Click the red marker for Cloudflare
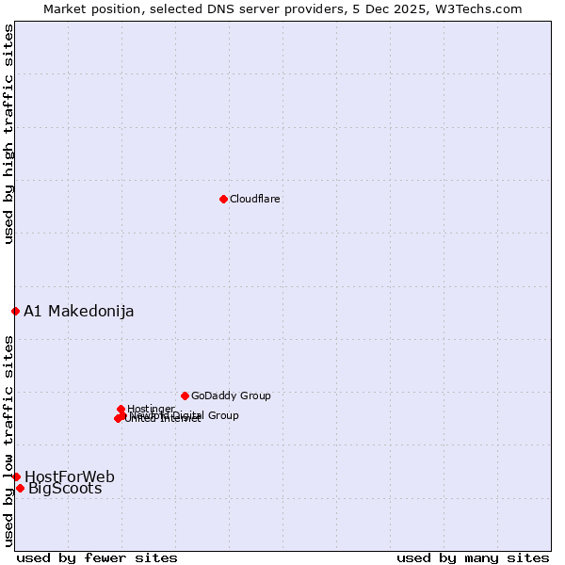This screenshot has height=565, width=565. pyautogui.click(x=223, y=199)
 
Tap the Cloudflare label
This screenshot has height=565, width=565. pyautogui.click(x=255, y=200)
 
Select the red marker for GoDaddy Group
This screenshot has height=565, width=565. pyautogui.click(x=185, y=395)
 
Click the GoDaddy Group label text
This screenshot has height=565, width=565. pyautogui.click(x=231, y=396)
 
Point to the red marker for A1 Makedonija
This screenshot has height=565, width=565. pyautogui.click(x=15, y=311)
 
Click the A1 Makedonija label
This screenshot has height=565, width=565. pyautogui.click(x=79, y=312)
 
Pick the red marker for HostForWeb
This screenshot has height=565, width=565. pyautogui.click(x=16, y=476)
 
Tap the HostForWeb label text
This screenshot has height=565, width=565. pyautogui.click(x=70, y=477)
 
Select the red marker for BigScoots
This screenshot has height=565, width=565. pyautogui.click(x=20, y=488)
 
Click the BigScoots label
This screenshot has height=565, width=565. pyautogui.click(x=65, y=489)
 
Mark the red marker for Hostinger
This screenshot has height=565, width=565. pyautogui.click(x=121, y=409)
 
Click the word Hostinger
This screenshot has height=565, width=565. pyautogui.click(x=152, y=409)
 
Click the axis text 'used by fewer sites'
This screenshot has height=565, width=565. pyautogui.click(x=97, y=558)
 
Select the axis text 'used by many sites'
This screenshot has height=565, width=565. pyautogui.click(x=473, y=558)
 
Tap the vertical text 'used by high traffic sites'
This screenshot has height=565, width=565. pyautogui.click(x=8, y=134)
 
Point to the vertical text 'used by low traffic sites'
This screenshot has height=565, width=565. pyautogui.click(x=8, y=441)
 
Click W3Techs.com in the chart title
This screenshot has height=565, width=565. pyautogui.click(x=483, y=8)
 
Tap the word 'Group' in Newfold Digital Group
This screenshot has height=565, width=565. pyautogui.click(x=223, y=415)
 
